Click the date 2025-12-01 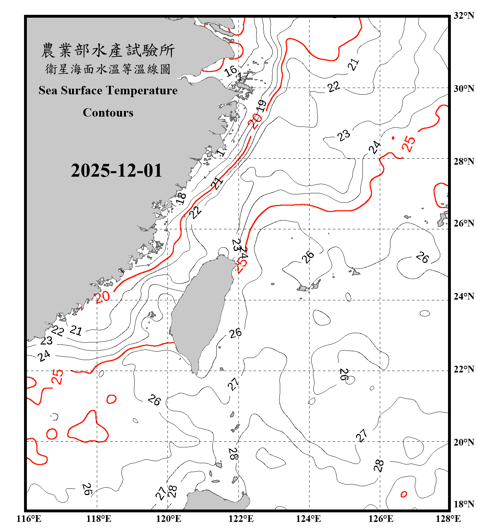click(116, 170)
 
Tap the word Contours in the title click(108, 113)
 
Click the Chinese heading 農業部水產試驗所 click(108, 50)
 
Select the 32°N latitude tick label click(464, 16)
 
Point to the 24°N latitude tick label click(464, 296)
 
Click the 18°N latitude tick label click(464, 504)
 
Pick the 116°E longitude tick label click(29, 519)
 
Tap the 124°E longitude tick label click(308, 519)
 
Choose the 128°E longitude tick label click(448, 519)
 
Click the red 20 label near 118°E click(103, 297)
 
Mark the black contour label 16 click(230, 71)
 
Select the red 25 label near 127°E click(409, 144)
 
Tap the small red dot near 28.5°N click(393, 138)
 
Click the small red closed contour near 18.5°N click(404, 494)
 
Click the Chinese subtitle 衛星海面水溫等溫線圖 click(108, 69)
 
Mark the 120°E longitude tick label click(169, 519)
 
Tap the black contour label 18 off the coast click(181, 198)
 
